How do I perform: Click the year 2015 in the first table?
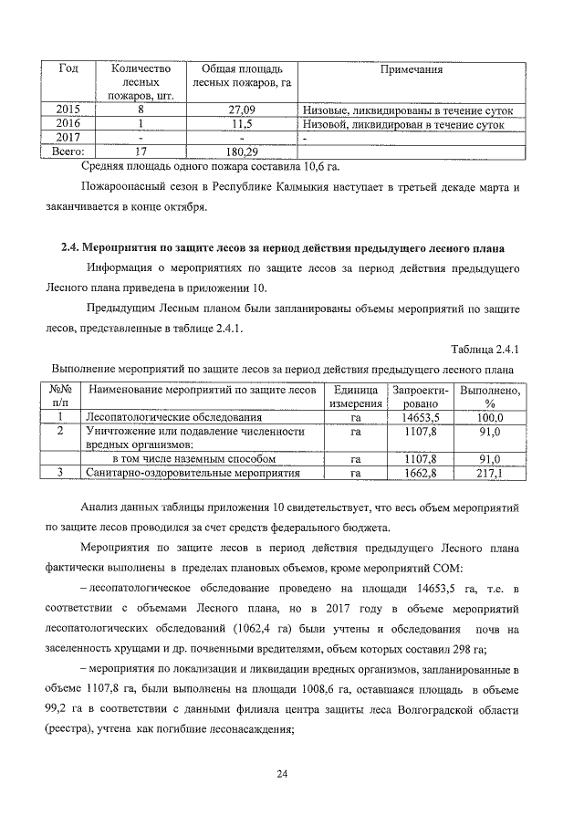68,111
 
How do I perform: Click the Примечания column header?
412,69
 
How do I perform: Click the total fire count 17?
141,151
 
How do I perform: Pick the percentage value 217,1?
489,474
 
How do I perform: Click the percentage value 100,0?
489,418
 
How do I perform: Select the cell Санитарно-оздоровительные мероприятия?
193,474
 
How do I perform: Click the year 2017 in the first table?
68,138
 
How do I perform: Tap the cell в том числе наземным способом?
193,459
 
